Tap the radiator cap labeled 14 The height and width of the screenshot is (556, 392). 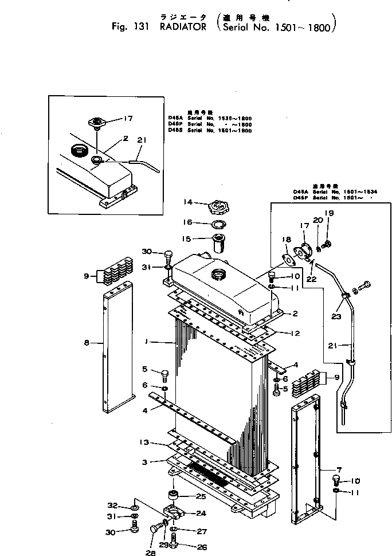pyautogui.click(x=218, y=204)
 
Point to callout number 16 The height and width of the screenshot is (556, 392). pyautogui.click(x=187, y=222)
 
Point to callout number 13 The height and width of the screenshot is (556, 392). pyautogui.click(x=145, y=443)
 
